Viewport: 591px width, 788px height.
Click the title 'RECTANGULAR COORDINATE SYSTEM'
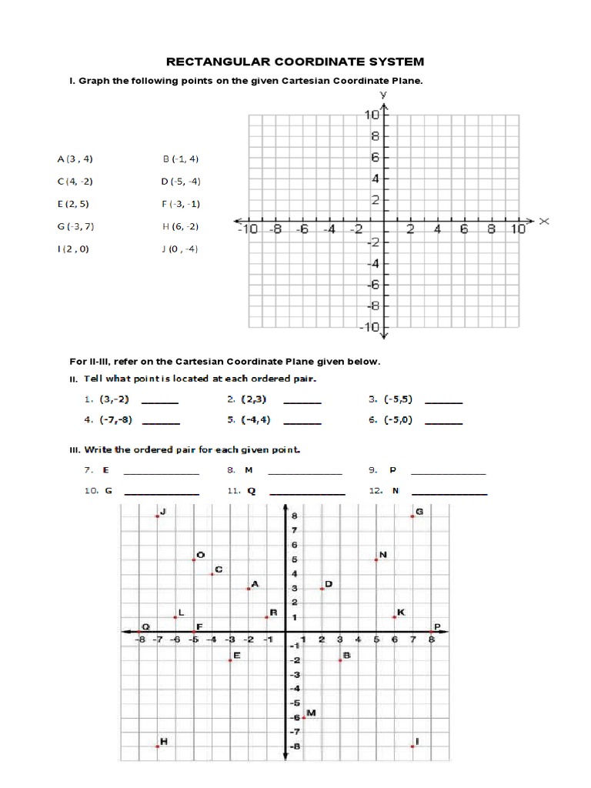296,62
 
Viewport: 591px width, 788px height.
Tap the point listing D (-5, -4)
181,182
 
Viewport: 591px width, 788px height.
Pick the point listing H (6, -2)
181,226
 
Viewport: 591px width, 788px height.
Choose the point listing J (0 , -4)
181,249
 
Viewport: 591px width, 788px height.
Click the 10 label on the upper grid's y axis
370,115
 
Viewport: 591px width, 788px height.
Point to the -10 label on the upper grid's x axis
246,229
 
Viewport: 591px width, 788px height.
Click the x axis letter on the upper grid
544,221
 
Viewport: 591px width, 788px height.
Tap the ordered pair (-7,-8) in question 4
113,420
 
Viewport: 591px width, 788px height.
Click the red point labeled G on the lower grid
412,516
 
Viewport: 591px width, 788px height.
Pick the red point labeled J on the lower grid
157,516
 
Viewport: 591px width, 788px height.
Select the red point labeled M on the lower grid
303,717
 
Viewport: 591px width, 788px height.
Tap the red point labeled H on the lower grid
157,746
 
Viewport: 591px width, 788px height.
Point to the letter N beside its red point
383,555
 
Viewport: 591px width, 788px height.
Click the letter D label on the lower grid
329,584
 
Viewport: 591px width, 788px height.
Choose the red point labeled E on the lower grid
230,660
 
